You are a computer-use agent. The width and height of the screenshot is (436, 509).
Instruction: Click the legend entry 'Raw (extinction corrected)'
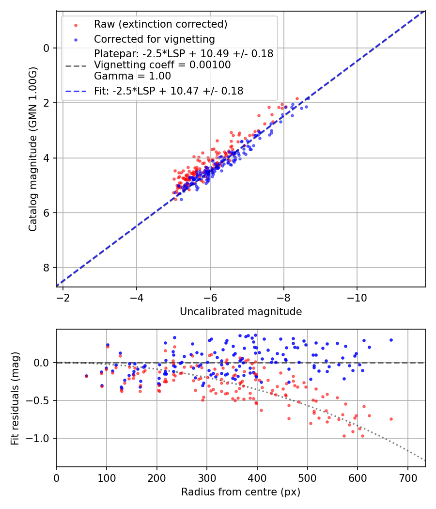[160, 24]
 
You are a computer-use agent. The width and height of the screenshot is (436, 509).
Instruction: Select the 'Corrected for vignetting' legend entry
[154, 39]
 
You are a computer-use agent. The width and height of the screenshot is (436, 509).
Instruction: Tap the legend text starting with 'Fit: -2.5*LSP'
[169, 91]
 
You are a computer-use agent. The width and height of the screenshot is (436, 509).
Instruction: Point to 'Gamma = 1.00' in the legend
[132, 76]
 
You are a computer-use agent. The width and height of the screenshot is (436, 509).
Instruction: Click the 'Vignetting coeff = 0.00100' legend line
[162, 65]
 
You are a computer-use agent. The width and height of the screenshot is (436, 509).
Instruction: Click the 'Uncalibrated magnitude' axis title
[241, 312]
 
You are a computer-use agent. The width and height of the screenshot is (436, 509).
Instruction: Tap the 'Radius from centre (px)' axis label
[241, 492]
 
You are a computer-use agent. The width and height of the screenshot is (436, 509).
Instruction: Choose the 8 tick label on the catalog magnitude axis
[46, 268]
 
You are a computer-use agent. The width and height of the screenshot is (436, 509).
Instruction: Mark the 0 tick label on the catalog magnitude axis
[46, 48]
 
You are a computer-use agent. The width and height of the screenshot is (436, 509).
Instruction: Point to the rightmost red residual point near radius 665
[391, 419]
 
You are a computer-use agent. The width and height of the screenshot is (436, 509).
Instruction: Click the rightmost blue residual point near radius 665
[391, 340]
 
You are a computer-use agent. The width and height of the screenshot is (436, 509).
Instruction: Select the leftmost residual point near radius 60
[86, 376]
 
